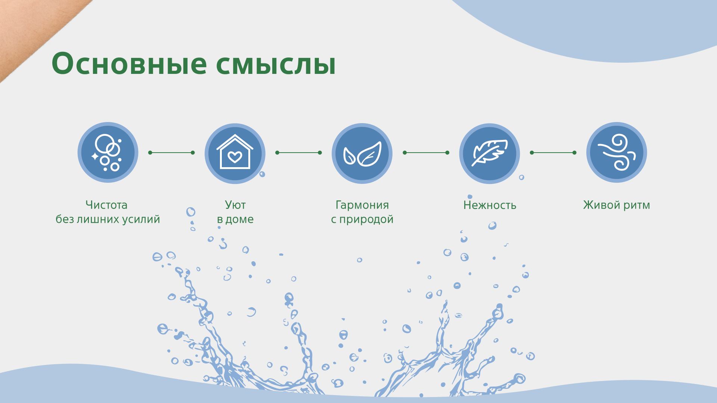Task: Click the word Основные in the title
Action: click(129, 63)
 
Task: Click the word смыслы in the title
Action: click(276, 64)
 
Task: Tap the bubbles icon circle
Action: click(108, 153)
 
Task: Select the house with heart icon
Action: click(235, 153)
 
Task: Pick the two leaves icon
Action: click(362, 153)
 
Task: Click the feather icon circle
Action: click(489, 153)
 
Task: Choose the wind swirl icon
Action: click(617, 153)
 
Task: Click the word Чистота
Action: click(106, 205)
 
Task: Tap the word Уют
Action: click(235, 205)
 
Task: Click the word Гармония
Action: click(362, 205)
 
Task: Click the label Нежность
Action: click(490, 205)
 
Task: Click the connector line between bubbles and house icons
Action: click(171, 153)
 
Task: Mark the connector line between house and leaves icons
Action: click(298, 153)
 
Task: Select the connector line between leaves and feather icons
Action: click(426, 153)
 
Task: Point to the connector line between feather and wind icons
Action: click(553, 153)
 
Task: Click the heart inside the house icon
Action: click(235, 157)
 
